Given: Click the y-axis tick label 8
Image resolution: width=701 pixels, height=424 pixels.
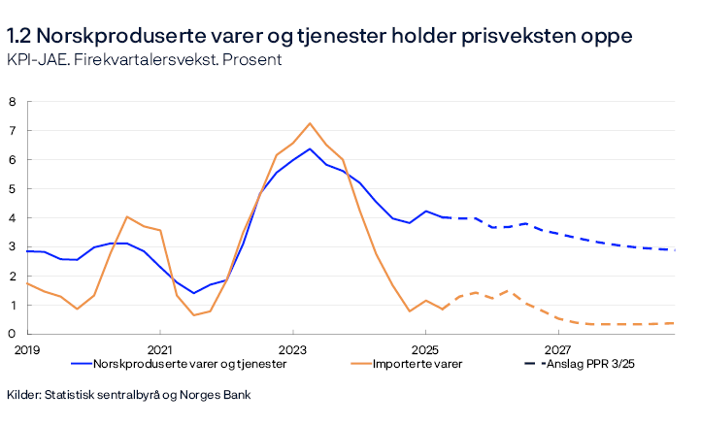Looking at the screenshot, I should tap(13, 101).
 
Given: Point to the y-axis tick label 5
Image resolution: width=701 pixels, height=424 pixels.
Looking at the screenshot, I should tap(13, 188).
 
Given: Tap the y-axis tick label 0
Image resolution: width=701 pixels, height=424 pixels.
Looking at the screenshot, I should tap(13, 334).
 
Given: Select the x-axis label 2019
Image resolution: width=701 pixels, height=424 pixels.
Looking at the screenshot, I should tap(26, 348).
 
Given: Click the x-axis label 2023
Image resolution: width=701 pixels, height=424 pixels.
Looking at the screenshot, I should tap(292, 348).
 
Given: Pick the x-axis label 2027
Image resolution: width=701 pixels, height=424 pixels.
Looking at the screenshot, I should tap(557, 348).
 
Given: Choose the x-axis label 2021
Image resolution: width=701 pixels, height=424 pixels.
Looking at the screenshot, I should tap(159, 348).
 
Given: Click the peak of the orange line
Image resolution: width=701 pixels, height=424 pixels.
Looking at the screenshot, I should tap(310, 123).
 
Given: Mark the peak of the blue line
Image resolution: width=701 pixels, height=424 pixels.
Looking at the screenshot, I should tap(310, 148).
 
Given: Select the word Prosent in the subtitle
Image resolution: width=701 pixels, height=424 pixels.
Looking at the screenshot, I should tap(255, 60).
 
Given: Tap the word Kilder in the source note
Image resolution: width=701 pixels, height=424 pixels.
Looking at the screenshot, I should tap(24, 395).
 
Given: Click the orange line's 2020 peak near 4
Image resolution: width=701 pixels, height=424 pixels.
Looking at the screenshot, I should tap(127, 217).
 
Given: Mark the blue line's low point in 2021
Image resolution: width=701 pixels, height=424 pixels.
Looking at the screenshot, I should tap(193, 293).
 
